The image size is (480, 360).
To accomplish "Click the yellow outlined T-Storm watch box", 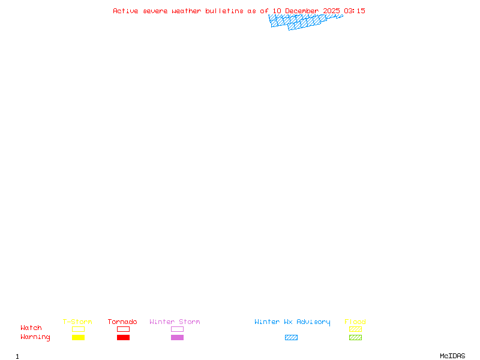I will (78, 329).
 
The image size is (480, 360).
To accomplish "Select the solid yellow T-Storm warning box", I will (78, 337).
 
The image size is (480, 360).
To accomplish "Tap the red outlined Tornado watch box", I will (123, 329).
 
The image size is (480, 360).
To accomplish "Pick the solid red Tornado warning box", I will (123, 337).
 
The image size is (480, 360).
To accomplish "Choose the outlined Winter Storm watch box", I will (177, 329).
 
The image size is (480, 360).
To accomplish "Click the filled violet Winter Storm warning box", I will (177, 337).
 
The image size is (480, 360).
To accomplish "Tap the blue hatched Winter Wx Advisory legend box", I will (291, 337).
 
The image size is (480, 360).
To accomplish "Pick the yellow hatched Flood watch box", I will (355, 329).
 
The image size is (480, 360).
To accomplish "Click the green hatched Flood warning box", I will (355, 337).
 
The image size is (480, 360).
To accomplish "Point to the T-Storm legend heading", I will (77, 322).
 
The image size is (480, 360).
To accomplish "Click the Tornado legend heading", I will (122, 322).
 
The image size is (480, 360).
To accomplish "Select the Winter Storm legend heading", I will (175, 322).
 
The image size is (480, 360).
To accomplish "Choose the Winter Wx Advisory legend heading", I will (292, 322).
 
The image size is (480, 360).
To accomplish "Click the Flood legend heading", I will (355, 322).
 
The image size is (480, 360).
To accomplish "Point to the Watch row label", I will (31, 328).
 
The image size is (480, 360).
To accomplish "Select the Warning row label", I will (35, 337).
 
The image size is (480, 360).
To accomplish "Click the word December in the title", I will (302, 11).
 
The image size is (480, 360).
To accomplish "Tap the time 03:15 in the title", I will (355, 11).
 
